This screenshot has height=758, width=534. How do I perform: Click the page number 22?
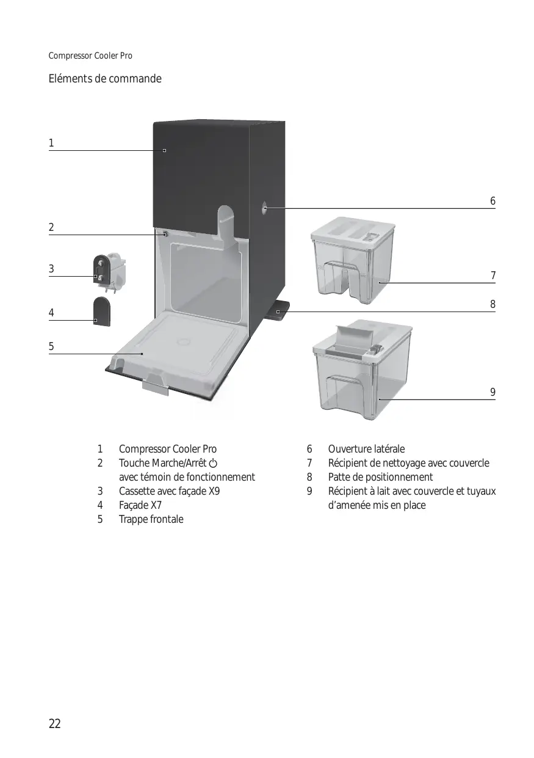pos(55,724)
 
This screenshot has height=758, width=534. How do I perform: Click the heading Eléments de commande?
pos(105,79)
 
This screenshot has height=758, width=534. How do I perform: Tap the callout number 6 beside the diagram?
pos(493,201)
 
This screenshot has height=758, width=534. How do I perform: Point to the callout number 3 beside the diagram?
pos(51,269)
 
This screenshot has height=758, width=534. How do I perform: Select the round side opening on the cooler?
pos(264,208)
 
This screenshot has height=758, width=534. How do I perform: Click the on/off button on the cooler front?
pos(165,234)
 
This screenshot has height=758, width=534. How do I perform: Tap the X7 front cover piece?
pos(101,312)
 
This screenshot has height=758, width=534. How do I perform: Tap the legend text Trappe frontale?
pos(151,519)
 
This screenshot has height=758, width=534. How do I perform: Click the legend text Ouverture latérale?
pos(366,449)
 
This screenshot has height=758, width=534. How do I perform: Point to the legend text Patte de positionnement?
pos(380,477)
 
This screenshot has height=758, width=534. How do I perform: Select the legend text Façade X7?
pos(140,505)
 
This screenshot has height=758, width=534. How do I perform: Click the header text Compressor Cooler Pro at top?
pos(90,56)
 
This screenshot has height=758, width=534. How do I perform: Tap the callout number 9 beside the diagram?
pos(493,392)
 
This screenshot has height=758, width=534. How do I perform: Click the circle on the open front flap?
pos(184,341)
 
